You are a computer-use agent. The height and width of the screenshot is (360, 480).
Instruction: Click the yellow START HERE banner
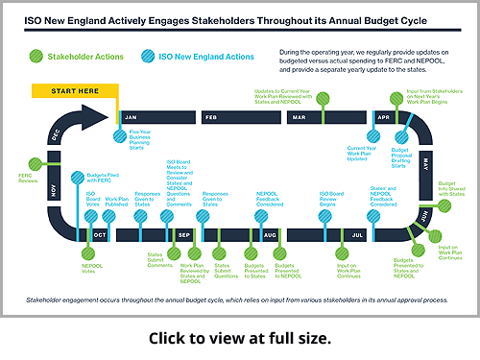point(75,92)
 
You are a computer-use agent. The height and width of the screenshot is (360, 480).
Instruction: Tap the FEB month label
point(212,117)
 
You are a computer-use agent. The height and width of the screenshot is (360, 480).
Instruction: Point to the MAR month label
point(299,117)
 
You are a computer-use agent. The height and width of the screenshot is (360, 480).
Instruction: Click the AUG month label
point(270,234)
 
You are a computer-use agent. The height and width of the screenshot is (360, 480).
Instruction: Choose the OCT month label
point(100,234)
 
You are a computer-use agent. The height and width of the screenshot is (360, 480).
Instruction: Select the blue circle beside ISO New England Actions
point(146,56)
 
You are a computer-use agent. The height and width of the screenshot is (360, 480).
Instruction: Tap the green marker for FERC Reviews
point(36,164)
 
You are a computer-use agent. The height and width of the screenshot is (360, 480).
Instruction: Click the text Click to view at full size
point(240,339)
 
